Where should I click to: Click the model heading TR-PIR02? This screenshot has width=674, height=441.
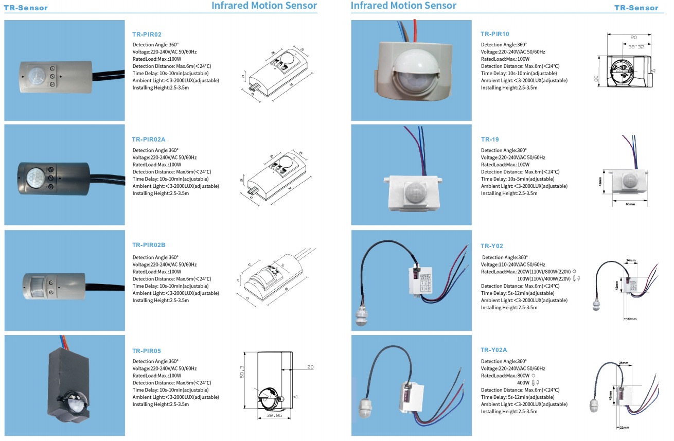[x=147, y=34]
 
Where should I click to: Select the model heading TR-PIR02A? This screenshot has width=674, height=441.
[x=148, y=139]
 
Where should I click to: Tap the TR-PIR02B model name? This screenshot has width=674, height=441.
[x=148, y=245]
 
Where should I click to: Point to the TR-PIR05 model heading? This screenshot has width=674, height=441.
[x=147, y=350]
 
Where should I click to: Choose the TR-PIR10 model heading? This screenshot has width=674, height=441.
[x=495, y=34]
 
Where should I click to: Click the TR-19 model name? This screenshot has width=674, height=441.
[x=490, y=139]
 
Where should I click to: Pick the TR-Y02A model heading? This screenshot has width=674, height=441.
[x=494, y=350]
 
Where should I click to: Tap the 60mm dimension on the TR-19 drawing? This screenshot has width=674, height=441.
[x=630, y=204]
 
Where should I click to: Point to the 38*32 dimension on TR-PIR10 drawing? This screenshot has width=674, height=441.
[x=636, y=46]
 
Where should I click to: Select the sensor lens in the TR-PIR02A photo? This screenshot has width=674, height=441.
[x=36, y=178]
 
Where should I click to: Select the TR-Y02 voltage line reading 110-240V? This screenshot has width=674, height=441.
[x=513, y=264]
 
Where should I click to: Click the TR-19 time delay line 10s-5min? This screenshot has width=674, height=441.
[x=517, y=179]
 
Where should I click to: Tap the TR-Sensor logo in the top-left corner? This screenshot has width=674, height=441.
[x=26, y=8]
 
